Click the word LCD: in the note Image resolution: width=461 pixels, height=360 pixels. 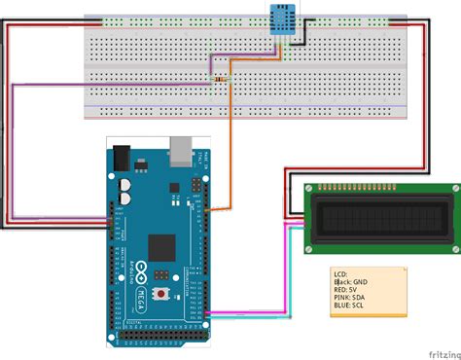coord(339,275)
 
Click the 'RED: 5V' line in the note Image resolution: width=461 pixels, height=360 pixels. coord(348,293)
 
